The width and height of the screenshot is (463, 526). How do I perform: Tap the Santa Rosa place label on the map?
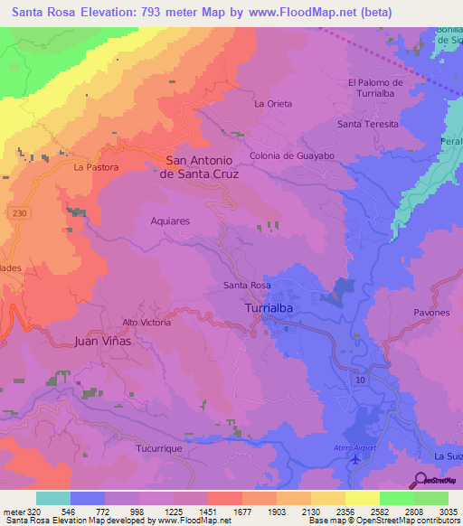(x=247, y=286)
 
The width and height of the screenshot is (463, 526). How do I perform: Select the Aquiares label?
(x=171, y=220)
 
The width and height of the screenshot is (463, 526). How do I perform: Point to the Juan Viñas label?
(x=102, y=342)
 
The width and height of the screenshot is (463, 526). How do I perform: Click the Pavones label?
(x=431, y=313)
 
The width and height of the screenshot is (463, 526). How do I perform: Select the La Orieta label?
(x=273, y=104)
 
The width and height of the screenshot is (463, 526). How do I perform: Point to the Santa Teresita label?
(x=367, y=124)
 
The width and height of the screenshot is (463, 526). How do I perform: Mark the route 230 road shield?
(x=20, y=211)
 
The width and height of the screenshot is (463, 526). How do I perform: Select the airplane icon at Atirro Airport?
(x=354, y=458)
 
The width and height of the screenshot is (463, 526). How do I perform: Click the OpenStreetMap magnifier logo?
(x=420, y=479)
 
